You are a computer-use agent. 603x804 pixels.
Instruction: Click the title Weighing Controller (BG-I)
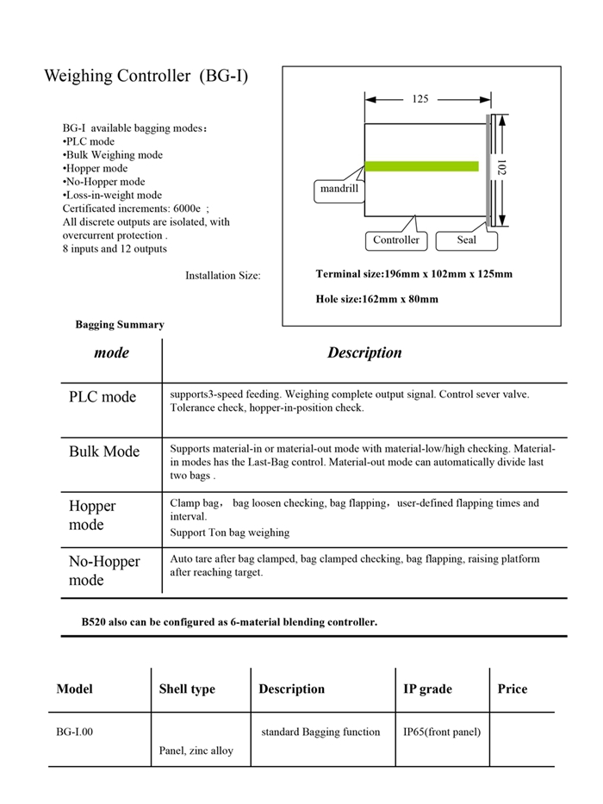pyautogui.click(x=146, y=76)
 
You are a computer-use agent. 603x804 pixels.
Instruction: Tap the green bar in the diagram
pyautogui.click(x=421, y=165)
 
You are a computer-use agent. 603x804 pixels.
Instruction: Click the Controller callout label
pyautogui.click(x=396, y=240)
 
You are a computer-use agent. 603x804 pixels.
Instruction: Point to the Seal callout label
pyautogui.click(x=466, y=240)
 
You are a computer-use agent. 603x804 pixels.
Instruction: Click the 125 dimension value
pyautogui.click(x=420, y=99)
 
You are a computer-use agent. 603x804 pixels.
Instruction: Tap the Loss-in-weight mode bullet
pyautogui.click(x=112, y=196)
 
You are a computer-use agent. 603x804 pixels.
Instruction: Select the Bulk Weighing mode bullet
pyautogui.click(x=112, y=155)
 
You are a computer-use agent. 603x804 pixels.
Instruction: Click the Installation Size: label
pyautogui.click(x=222, y=276)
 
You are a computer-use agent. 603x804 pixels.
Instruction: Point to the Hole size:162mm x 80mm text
pyautogui.click(x=377, y=299)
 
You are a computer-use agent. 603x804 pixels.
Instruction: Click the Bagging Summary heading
pyautogui.click(x=119, y=325)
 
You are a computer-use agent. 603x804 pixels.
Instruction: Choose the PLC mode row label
pyautogui.click(x=103, y=397)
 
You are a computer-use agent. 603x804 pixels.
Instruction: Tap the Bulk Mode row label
pyautogui.click(x=104, y=452)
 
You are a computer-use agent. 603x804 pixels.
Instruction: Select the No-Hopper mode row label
pyautogui.click(x=104, y=570)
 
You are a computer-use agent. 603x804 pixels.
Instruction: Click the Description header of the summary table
pyautogui.click(x=364, y=352)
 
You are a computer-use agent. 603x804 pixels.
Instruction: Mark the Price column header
pyautogui.click(x=513, y=689)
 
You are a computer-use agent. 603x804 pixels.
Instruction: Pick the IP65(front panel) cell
pyautogui.click(x=442, y=732)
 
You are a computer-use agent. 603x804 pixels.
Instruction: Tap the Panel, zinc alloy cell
pyautogui.click(x=196, y=751)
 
